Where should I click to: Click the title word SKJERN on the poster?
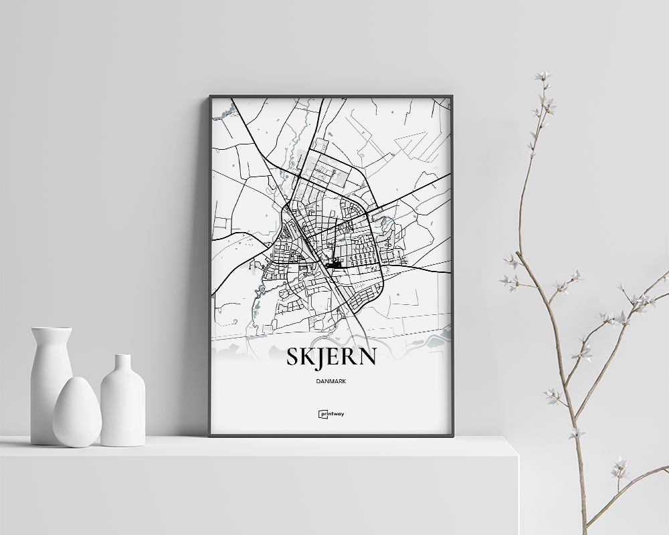coord(331,357)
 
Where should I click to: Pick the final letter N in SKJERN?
coord(367,357)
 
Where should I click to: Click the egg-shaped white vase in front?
coord(77,413)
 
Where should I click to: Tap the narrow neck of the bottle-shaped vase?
coord(122,364)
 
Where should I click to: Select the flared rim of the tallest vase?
coord(51,330)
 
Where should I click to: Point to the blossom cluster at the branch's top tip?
coord(543,77)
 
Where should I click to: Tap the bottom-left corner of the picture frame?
coord(211,435)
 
